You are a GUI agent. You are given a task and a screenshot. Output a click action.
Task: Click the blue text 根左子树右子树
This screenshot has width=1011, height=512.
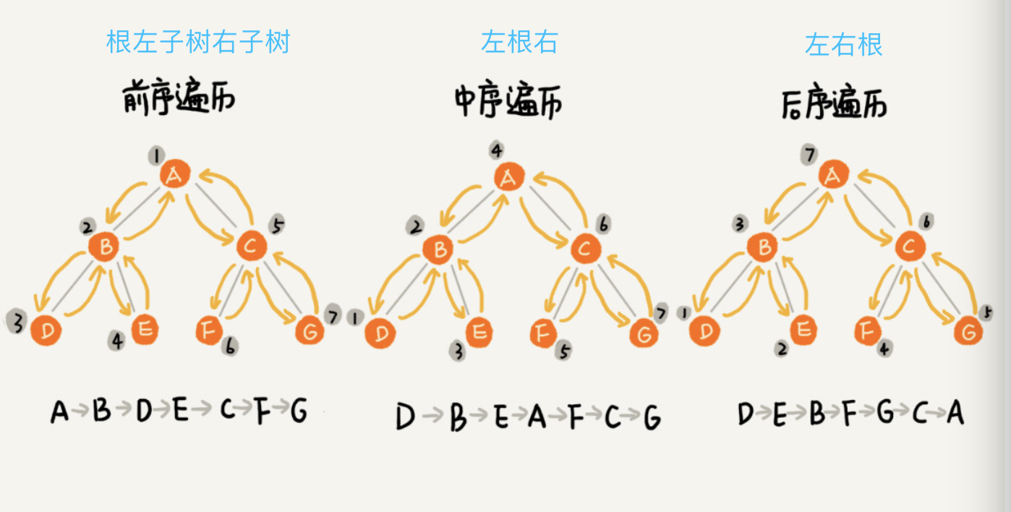(x=197, y=42)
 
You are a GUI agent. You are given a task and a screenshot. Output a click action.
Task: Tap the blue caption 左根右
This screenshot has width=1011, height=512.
(x=519, y=42)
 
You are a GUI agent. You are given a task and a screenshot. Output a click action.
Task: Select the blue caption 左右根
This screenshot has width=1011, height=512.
(x=844, y=45)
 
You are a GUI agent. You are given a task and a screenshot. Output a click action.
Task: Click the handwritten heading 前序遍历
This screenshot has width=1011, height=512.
(x=179, y=99)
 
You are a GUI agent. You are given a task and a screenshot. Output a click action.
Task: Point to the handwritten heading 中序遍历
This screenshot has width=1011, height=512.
(x=508, y=101)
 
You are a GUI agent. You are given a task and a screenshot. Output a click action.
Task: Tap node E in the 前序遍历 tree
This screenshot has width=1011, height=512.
(x=145, y=330)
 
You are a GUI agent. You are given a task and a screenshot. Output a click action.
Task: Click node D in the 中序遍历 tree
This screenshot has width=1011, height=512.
(x=380, y=333)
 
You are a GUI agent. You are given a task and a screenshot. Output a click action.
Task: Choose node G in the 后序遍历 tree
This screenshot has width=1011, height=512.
(x=968, y=332)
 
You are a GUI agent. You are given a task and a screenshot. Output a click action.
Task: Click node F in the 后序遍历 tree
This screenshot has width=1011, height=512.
(x=866, y=331)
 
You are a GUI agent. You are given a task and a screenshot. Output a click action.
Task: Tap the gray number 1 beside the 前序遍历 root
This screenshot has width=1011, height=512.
(x=155, y=154)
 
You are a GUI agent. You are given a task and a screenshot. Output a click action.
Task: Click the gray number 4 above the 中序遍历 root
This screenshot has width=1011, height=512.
(x=496, y=150)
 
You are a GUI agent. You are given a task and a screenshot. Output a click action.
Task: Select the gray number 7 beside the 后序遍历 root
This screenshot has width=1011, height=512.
(x=810, y=154)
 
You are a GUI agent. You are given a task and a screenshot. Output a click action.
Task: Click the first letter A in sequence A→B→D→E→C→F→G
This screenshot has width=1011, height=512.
(x=60, y=411)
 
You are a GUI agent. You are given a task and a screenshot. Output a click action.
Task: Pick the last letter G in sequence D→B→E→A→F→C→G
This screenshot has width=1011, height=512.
(x=652, y=418)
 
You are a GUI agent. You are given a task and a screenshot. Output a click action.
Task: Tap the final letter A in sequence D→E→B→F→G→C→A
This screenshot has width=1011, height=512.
(x=955, y=413)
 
